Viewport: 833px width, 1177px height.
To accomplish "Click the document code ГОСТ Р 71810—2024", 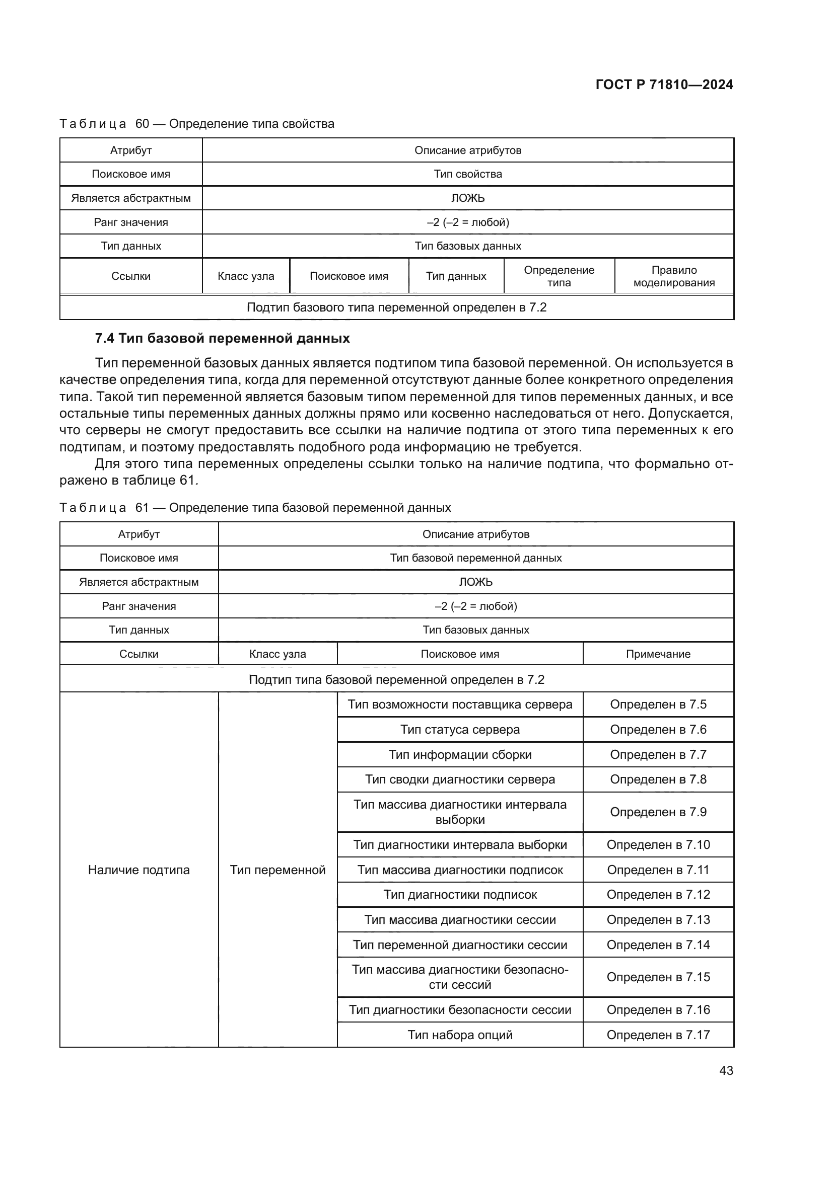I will click(x=664, y=85).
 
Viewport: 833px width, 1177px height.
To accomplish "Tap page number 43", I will click(x=726, y=1070).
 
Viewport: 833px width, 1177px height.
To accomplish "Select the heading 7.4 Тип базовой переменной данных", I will click(x=222, y=338).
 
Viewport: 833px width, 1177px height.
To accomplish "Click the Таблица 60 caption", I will click(x=197, y=124).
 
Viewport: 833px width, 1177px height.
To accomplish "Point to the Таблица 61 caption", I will click(x=255, y=508).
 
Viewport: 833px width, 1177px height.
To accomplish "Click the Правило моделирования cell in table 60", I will click(x=673, y=276).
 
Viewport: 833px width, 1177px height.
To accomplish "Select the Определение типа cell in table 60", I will click(x=559, y=276).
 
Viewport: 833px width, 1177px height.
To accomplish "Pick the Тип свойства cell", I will click(x=467, y=174).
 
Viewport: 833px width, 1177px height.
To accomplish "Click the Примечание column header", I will click(x=658, y=654).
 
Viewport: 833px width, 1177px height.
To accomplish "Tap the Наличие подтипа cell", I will click(x=138, y=870).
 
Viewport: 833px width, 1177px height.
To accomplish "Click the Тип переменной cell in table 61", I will click(x=277, y=870).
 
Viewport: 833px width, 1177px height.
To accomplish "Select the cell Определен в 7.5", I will click(x=658, y=704).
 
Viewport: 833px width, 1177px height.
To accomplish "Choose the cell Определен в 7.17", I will click(x=658, y=1035).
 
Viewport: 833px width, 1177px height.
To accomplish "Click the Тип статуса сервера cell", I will click(x=460, y=730).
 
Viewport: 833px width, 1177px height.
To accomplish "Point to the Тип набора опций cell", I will click(x=460, y=1035).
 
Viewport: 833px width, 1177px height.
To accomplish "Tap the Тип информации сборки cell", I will click(x=460, y=755).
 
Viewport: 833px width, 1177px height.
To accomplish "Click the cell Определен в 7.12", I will click(x=658, y=895).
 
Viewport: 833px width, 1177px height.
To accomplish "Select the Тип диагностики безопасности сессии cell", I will click(x=460, y=1009).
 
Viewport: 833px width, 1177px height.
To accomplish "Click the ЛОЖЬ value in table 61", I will click(x=475, y=582).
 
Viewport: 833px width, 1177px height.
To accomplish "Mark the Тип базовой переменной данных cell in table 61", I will click(x=475, y=558).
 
